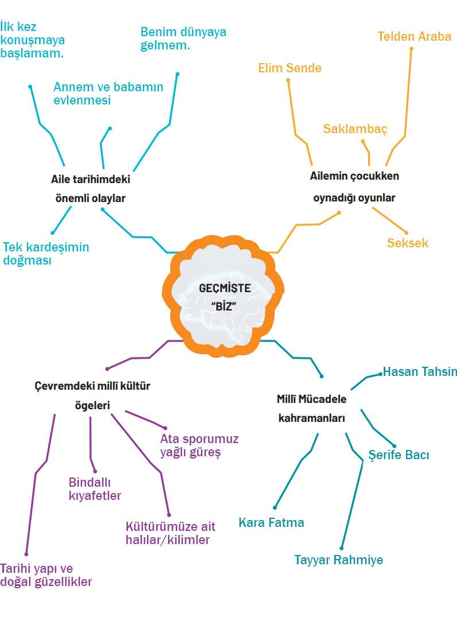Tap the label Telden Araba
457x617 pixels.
414,36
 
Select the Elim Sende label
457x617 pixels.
290,68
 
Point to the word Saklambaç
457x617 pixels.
355,129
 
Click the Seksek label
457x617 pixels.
407,243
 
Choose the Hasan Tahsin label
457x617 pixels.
420,371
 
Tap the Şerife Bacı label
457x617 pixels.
399,455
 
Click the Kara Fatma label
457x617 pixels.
271,523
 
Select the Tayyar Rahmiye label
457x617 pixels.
338,560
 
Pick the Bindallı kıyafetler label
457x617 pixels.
95,488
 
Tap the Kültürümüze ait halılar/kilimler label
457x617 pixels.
167,533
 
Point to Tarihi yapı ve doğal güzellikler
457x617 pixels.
46,575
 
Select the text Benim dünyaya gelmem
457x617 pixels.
183,38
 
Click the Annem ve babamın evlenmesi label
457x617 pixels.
108,93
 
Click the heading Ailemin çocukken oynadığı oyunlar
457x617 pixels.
354,187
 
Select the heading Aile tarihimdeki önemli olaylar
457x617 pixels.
89,188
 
